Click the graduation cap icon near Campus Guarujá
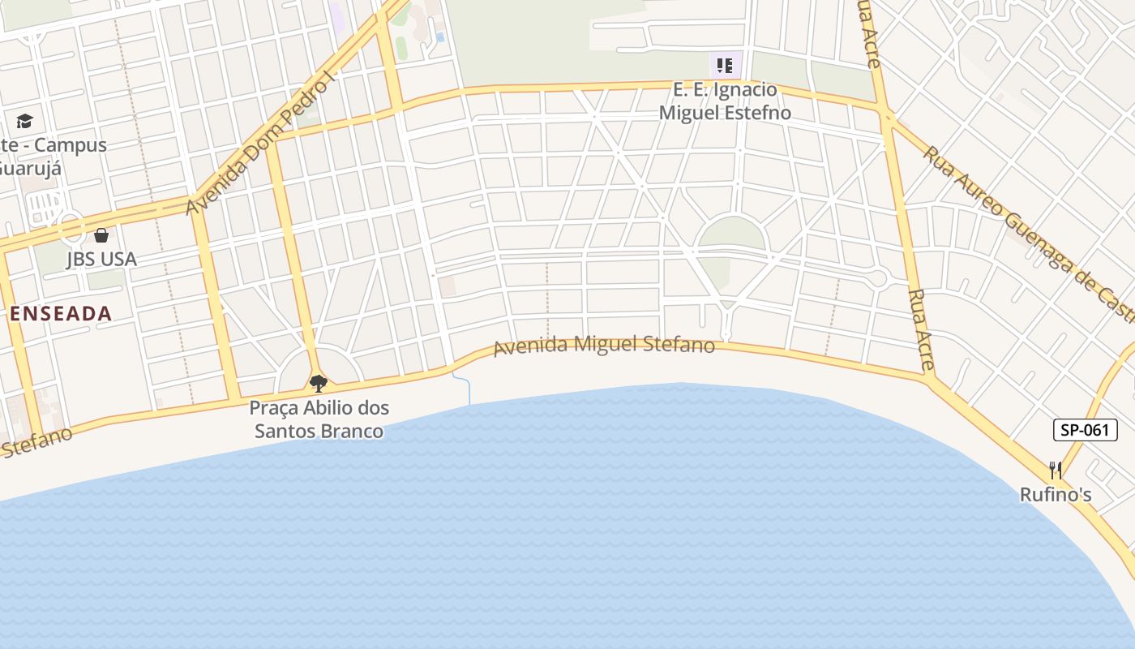24,122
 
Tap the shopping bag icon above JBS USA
101,235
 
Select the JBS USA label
101,260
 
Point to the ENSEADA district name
61,314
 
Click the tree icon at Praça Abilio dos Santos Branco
319,383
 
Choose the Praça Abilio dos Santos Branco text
319,419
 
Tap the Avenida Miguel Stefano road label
604,346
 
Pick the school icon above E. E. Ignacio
724,65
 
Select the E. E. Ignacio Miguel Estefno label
724,101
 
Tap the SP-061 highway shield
1085,430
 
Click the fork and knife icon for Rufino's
1055,470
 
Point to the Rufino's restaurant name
1056,494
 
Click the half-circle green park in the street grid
731,235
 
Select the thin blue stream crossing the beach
468,390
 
